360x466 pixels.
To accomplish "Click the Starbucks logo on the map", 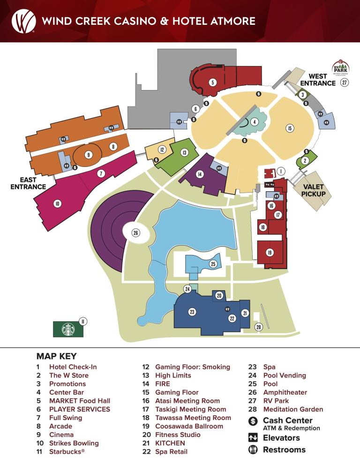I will click(x=68, y=329).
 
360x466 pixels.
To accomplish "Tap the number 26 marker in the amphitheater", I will click(x=135, y=233).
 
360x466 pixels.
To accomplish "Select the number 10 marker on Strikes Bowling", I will click(x=57, y=203).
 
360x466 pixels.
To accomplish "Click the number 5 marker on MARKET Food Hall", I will click(x=212, y=83).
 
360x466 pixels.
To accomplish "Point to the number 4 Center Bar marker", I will click(x=254, y=122).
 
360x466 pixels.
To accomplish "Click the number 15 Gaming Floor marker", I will click(x=290, y=128).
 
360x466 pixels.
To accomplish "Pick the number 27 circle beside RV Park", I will click(x=345, y=83).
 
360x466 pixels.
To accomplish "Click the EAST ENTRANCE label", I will click(x=28, y=183).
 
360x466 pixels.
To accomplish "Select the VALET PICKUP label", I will click(x=313, y=190).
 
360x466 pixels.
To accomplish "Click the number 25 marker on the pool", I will click(x=213, y=264).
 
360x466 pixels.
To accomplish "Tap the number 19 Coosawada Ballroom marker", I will click(x=270, y=253).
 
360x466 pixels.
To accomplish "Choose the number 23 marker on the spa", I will click(x=192, y=311).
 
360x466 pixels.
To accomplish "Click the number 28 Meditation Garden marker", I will click(x=258, y=327).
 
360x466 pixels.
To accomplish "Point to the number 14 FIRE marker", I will click(x=200, y=174).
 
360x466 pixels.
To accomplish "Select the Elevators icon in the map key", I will click(x=253, y=438).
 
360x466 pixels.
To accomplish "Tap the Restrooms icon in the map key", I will click(x=253, y=450).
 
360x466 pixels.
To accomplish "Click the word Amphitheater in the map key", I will click(x=285, y=392).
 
